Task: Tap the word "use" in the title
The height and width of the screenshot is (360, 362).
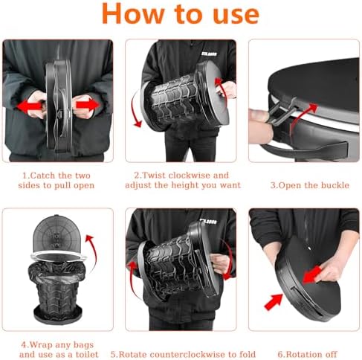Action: (236, 16)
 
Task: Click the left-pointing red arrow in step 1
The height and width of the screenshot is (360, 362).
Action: (30, 106)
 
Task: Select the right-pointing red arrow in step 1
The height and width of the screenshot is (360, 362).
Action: (88, 105)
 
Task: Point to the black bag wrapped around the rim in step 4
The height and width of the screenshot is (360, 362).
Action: (57, 271)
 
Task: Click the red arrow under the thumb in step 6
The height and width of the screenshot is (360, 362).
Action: (312, 274)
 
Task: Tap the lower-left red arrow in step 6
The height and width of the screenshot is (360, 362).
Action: (274, 301)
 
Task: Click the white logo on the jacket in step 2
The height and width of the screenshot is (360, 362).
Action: (209, 54)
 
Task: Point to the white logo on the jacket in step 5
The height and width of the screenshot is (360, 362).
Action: (208, 222)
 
